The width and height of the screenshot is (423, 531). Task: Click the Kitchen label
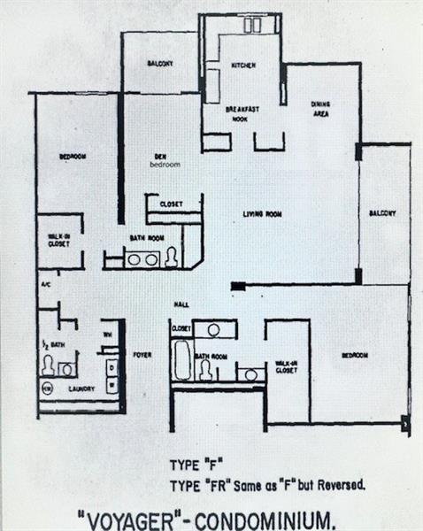pos(243,65)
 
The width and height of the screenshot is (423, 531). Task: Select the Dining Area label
pos(320,109)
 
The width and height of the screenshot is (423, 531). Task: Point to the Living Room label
pos(263,213)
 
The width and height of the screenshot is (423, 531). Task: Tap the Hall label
pos(181,304)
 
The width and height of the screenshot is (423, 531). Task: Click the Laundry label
pos(81,388)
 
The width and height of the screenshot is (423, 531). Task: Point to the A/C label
pos(46,284)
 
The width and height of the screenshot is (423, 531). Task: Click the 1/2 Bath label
pos(51,344)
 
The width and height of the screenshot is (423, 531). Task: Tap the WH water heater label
pos(107,334)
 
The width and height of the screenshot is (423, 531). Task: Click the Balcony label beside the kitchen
pos(159,64)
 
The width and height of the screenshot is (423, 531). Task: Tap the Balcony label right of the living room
pos(382,213)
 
